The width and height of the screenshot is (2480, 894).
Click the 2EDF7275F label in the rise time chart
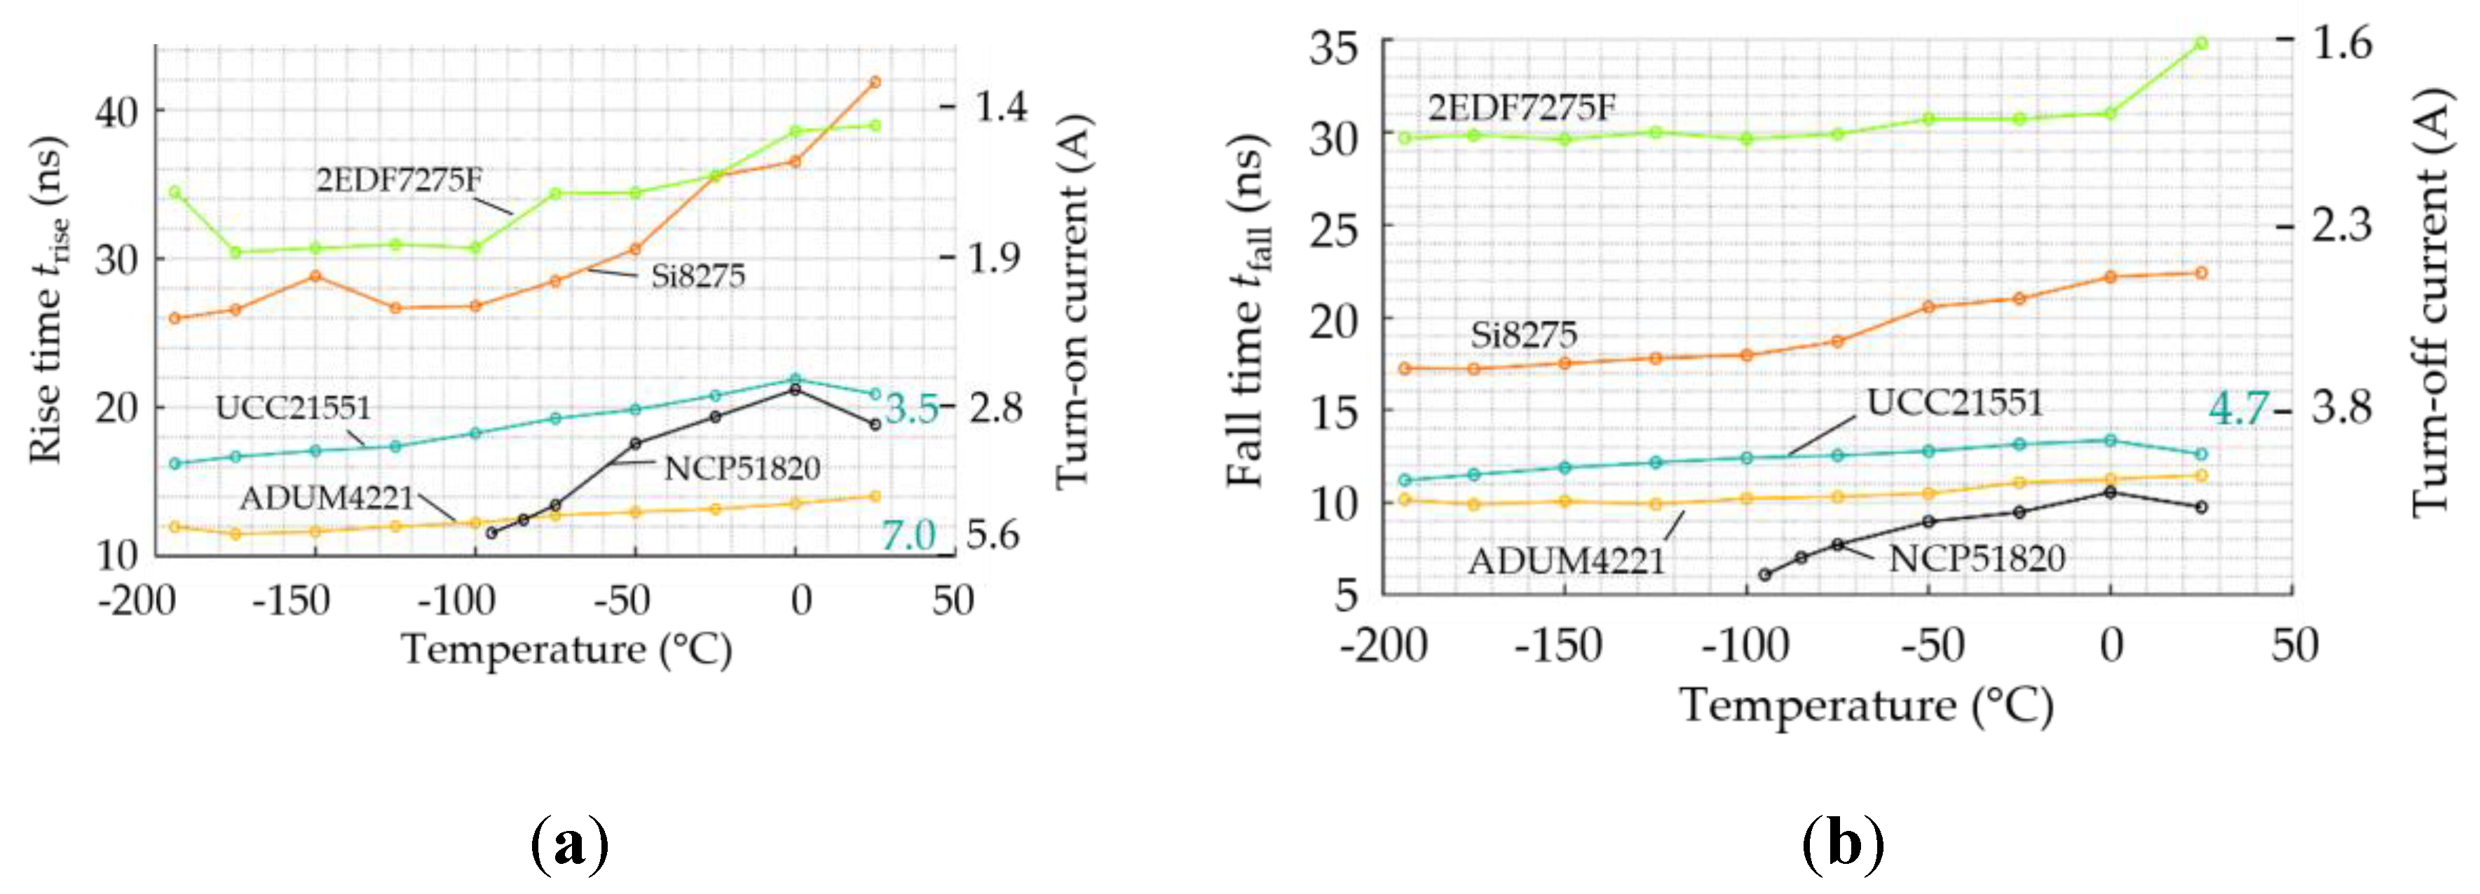tap(399, 180)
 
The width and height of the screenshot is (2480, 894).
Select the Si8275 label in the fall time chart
tap(1523, 335)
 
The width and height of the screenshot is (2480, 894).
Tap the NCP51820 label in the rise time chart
tap(742, 469)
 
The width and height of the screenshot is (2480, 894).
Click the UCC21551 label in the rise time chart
tap(293, 407)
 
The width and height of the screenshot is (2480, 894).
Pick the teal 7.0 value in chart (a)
tap(909, 535)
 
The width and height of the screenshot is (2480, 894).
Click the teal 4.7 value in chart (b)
tap(2238, 409)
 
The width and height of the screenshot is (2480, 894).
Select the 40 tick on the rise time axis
tap(118, 111)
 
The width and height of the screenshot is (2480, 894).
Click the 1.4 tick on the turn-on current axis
tap(1001, 106)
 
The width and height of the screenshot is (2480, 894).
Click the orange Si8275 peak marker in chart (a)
tap(874, 82)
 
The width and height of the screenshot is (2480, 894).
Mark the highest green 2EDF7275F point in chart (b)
tap(2201, 43)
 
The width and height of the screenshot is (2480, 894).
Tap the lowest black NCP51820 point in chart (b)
tap(1765, 575)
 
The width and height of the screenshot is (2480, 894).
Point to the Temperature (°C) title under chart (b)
tap(1866, 706)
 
